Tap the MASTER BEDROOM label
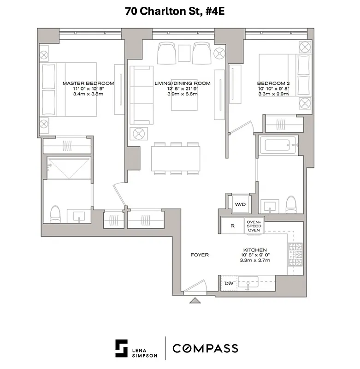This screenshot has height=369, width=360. coord(88,83)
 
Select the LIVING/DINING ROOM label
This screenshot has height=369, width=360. coord(182,83)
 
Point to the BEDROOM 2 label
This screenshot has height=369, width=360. coord(272,83)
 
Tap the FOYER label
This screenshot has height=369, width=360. coord(200,255)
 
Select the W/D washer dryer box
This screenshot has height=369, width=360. coord(240,203)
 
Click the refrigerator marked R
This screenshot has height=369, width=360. coord(232,226)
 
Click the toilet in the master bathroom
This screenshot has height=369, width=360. coord(55,214)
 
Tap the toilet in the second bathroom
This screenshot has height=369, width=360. coord(291,204)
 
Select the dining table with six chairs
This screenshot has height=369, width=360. coord(176,158)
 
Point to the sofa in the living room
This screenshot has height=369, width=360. coord(142,95)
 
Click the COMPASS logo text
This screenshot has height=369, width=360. coord(205,348)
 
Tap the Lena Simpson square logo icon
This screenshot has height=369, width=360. coord(122,348)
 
